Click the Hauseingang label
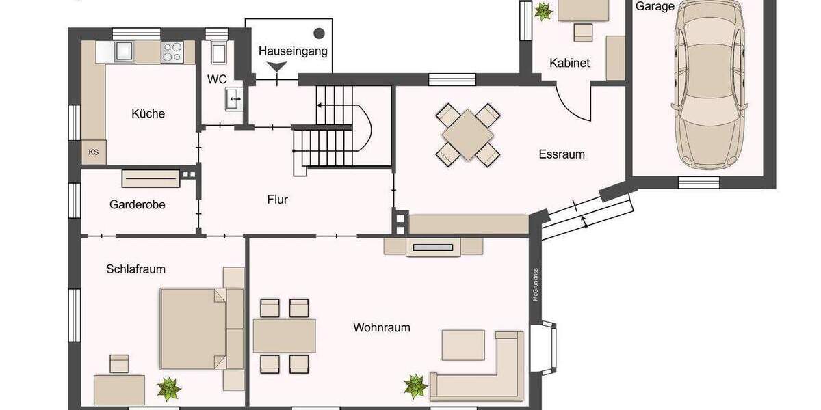pos(293,51)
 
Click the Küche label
pos(148,113)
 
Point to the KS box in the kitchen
pos(93,152)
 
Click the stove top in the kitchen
pos(172,52)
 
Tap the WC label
pos(217,79)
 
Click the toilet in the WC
pos(220,52)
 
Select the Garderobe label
pos(137,204)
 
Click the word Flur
pos(277,200)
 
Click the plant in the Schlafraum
pos(168,389)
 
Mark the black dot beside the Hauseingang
pos(319,33)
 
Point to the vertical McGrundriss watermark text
pos(537,284)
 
